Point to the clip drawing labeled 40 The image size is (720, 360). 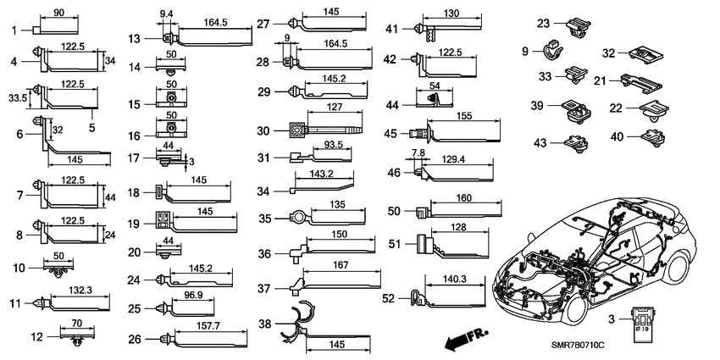(655, 137)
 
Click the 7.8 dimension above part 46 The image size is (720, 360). (419, 152)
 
